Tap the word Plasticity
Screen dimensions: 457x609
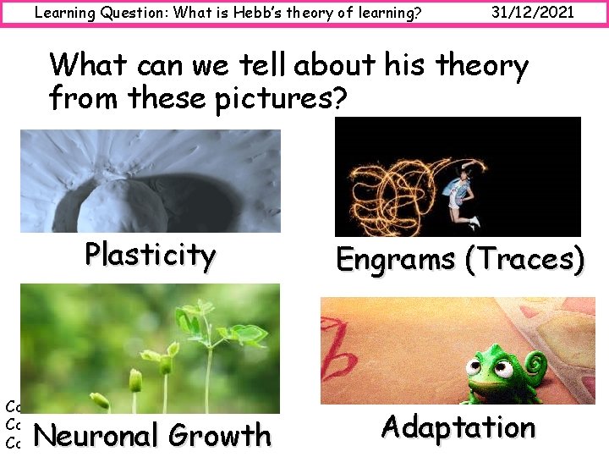[x=150, y=254]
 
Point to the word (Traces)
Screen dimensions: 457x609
[x=524, y=259]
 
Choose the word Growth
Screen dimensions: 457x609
[x=220, y=435]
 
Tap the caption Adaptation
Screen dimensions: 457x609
[x=458, y=427]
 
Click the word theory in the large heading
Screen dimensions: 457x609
[x=481, y=65]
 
